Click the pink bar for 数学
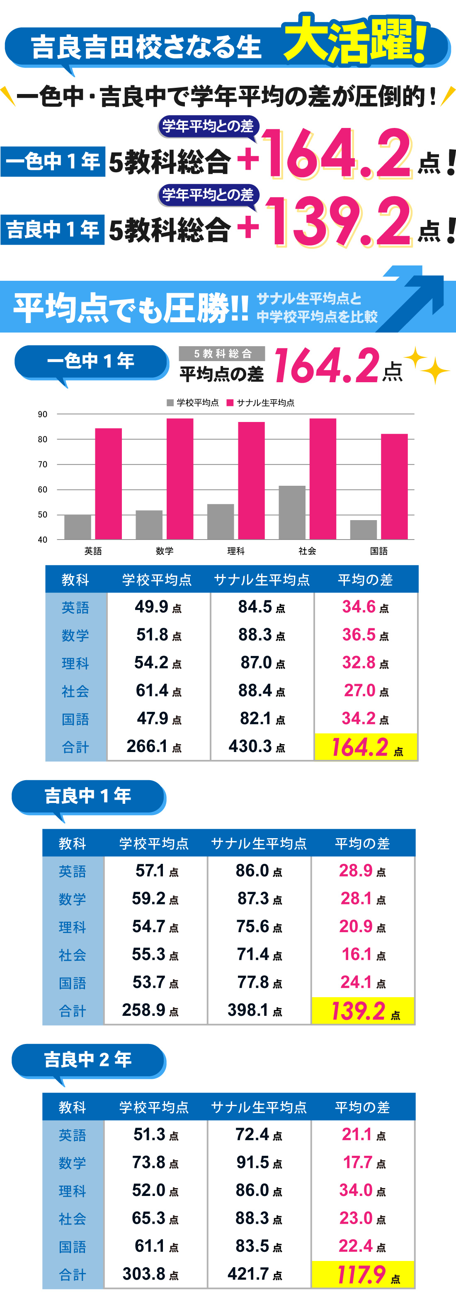180,478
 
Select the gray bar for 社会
292,512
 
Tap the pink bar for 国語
394,486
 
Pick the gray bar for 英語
78,527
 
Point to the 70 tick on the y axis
43,464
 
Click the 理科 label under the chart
236,551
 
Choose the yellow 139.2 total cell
363,1010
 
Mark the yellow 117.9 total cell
363,1274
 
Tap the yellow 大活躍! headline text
356,40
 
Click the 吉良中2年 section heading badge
88,1060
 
